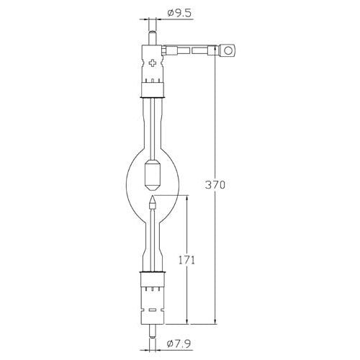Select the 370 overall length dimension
(x=215, y=185)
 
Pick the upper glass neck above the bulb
(x=153, y=122)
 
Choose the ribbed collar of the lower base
(x=153, y=282)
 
